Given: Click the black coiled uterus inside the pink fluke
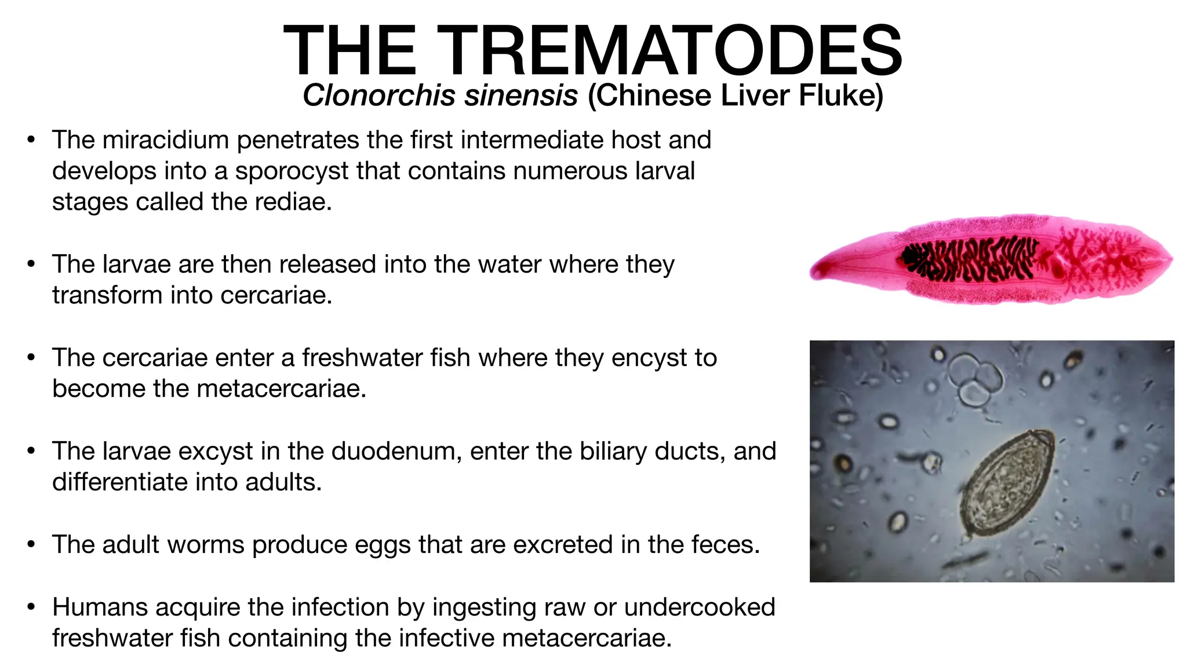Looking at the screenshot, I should pos(968,258).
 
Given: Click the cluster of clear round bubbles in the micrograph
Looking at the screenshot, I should pos(974,379).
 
